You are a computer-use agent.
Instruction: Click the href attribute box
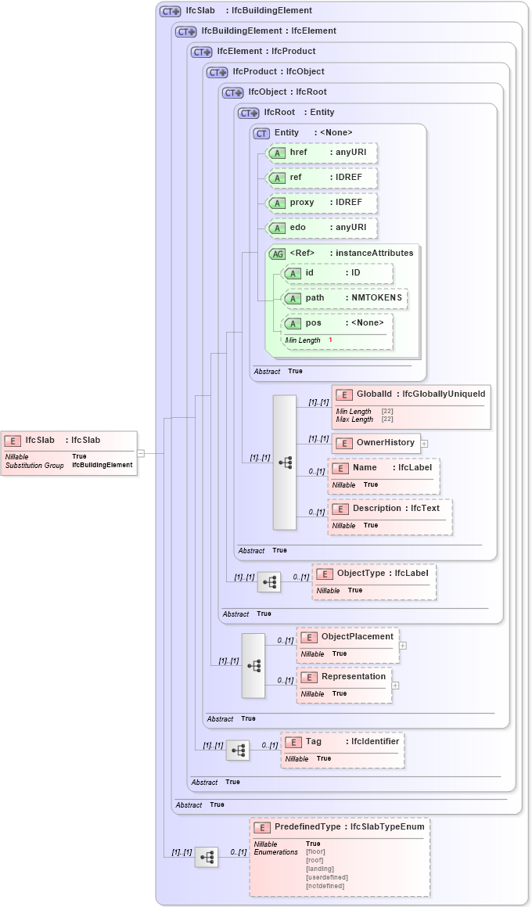pos(322,153)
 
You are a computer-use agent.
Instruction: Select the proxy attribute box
pos(322,203)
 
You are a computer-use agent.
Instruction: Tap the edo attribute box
pos(322,228)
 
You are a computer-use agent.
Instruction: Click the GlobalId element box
pos(411,394)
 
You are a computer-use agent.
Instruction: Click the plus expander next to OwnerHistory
pos(424,443)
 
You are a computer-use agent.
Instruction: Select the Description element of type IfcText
pos(390,509)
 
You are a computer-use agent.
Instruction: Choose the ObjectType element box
pos(374,574)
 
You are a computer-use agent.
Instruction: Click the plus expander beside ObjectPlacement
pos(402,646)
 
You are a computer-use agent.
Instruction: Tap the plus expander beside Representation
pos(395,686)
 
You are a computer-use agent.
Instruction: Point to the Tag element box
pos(343,742)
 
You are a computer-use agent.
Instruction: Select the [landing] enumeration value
pos(320,869)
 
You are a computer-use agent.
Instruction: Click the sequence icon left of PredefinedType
pos(207,857)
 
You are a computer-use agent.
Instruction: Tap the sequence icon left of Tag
pos(238,750)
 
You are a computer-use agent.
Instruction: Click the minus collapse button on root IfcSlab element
pos(140,452)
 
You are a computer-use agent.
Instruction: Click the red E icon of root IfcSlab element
pos(13,441)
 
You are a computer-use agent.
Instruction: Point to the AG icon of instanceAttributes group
pos(277,254)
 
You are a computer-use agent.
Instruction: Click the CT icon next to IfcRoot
pos(249,113)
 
